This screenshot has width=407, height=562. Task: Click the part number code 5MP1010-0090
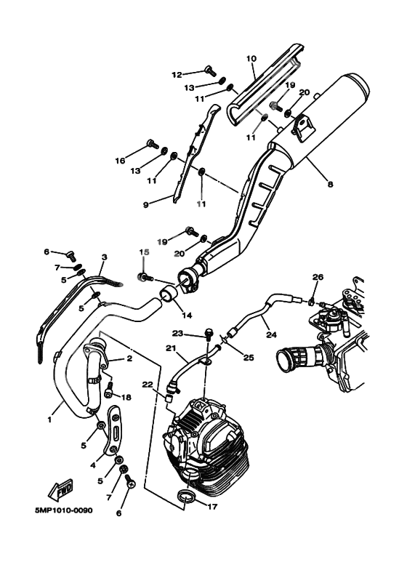point(63,510)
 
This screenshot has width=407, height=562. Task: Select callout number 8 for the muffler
point(330,185)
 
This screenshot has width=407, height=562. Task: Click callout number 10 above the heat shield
point(251,58)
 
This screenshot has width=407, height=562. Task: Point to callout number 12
point(177,74)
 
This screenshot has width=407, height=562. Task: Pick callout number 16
point(119,160)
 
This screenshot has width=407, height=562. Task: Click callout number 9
point(146,205)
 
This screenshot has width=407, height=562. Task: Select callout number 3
point(104,257)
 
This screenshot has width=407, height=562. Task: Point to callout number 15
point(143,252)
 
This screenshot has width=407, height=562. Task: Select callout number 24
point(272,336)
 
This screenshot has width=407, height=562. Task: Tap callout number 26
point(317,277)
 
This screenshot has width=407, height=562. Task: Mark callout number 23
point(177,334)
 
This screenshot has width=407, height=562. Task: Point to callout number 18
point(128,397)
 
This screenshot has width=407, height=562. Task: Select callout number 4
point(93,465)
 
